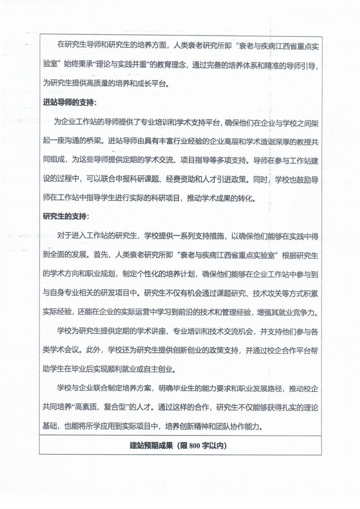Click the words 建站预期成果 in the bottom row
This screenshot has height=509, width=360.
[x=149, y=445]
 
